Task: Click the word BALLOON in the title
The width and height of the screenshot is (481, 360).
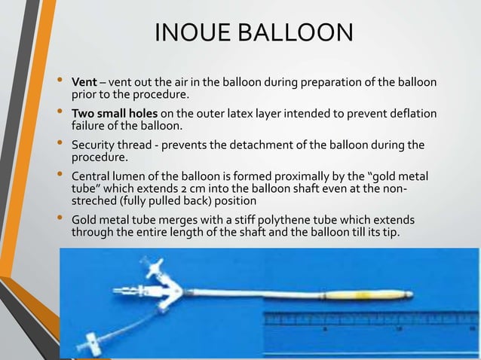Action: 298,33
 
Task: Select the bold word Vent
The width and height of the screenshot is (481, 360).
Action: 83,81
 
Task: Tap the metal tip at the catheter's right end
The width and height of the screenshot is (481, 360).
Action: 412,290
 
